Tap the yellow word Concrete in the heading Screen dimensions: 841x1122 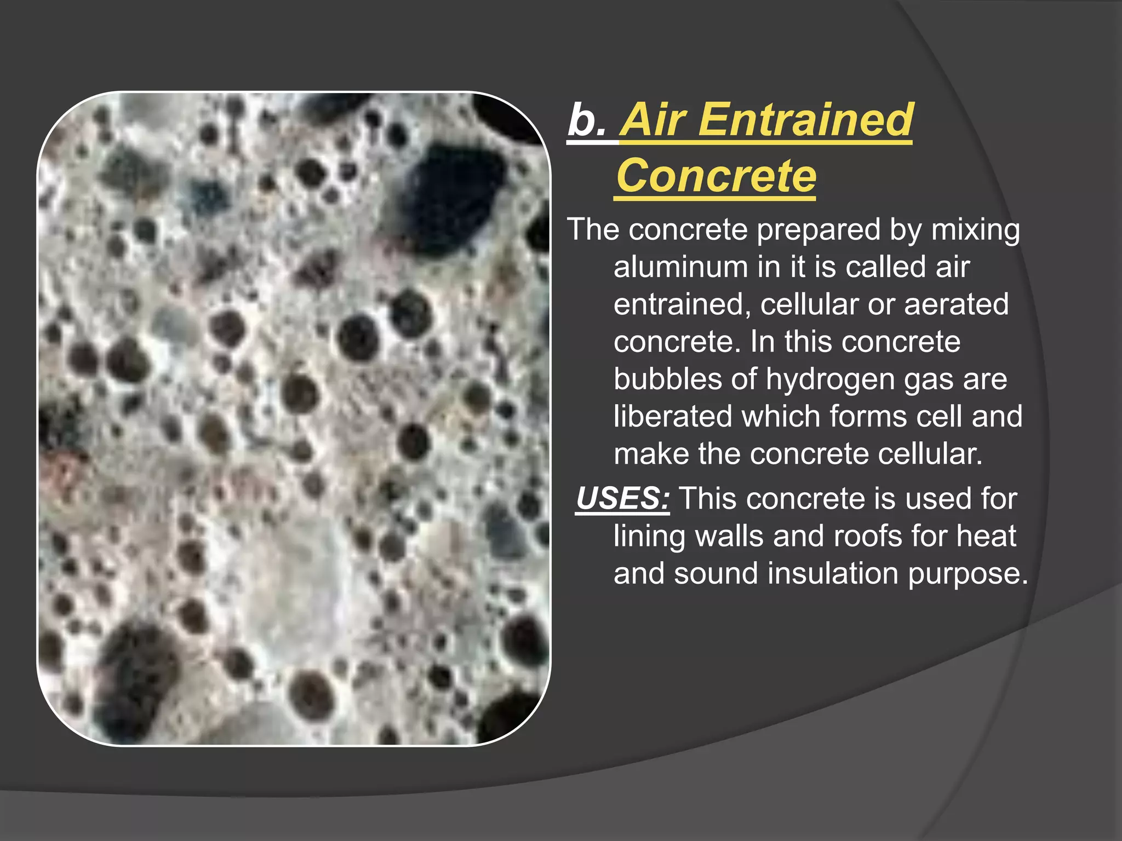716,176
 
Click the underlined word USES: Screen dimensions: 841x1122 622,499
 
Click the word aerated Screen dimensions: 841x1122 956,304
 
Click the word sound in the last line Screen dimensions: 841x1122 715,573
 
